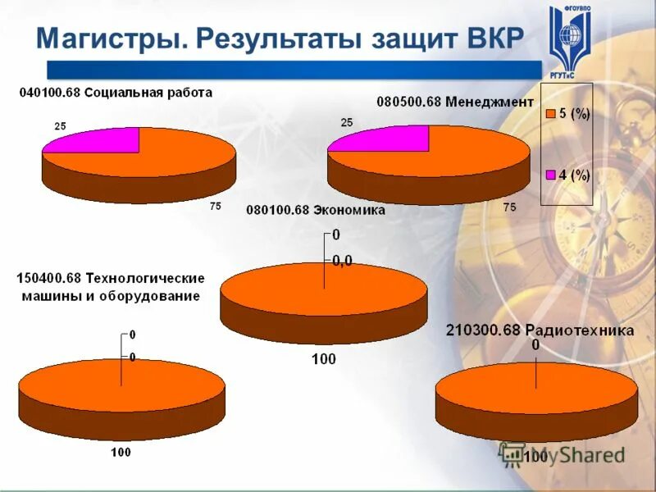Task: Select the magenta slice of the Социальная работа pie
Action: (98, 142)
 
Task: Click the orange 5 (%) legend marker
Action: (551, 115)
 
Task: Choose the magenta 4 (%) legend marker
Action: (551, 175)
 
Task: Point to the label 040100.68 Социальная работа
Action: (116, 93)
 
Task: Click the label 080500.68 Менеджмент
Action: (455, 102)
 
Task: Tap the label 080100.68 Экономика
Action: (316, 210)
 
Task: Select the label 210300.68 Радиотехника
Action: (540, 330)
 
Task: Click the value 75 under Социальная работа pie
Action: (215, 207)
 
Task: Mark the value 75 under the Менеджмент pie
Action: (509, 207)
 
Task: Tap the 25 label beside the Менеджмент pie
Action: (346, 122)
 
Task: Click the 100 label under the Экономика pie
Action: (323, 358)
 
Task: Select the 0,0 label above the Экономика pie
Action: (343, 260)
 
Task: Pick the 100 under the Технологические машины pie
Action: (121, 452)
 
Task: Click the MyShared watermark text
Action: (574, 455)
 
